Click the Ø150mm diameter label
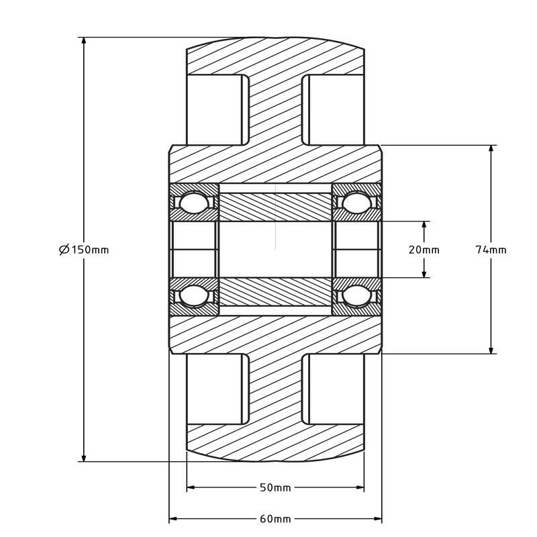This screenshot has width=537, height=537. point(84,250)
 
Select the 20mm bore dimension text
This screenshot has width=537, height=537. point(424,250)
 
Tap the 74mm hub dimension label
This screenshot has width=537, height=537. point(491,250)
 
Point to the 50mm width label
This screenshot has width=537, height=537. point(275,487)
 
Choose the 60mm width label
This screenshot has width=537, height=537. point(275,519)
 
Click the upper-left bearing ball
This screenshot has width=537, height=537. point(194,203)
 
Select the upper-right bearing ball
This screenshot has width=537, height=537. point(356,203)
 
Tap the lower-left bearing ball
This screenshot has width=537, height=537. point(194,295)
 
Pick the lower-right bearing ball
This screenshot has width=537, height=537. point(356,295)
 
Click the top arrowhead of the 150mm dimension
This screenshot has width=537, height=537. point(83,42)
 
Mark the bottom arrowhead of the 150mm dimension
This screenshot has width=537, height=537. point(83,456)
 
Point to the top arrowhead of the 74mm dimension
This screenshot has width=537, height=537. point(491,150)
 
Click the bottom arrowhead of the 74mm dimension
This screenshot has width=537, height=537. point(491,348)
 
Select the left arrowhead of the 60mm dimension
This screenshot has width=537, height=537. point(175,519)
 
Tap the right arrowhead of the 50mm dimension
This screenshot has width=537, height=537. point(358,487)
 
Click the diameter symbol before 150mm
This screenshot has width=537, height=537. point(64,250)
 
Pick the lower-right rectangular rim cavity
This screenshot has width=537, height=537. point(333,389)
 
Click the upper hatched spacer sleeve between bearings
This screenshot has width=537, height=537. point(275,207)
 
